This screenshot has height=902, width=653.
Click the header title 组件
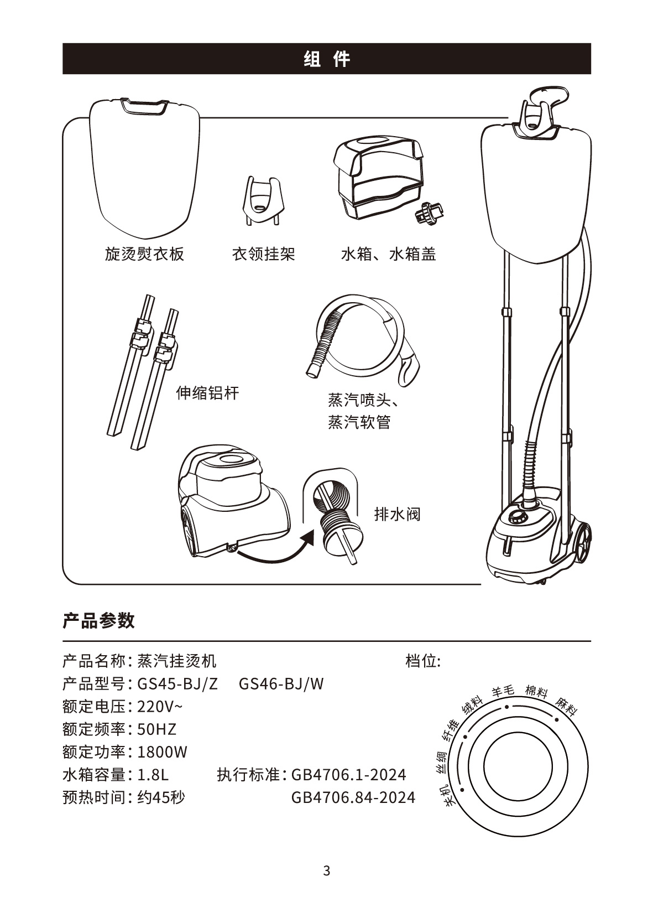(327, 59)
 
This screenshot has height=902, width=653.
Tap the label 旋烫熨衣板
(144, 254)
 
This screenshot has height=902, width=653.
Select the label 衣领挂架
(264, 254)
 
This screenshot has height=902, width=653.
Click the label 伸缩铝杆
(207, 392)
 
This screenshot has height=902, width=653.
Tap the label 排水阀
(398, 514)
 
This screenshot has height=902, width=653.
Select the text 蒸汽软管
(359, 422)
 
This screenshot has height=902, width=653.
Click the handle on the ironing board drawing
(144, 106)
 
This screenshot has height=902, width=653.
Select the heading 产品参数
(98, 620)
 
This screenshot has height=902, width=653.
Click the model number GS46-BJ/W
(281, 684)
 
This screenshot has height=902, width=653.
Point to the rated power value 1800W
(163, 752)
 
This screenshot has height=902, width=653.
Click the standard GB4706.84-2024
(353, 797)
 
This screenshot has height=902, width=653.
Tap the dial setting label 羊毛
(503, 691)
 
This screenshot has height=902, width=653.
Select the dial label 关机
(447, 795)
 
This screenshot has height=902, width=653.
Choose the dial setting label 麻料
(566, 706)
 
